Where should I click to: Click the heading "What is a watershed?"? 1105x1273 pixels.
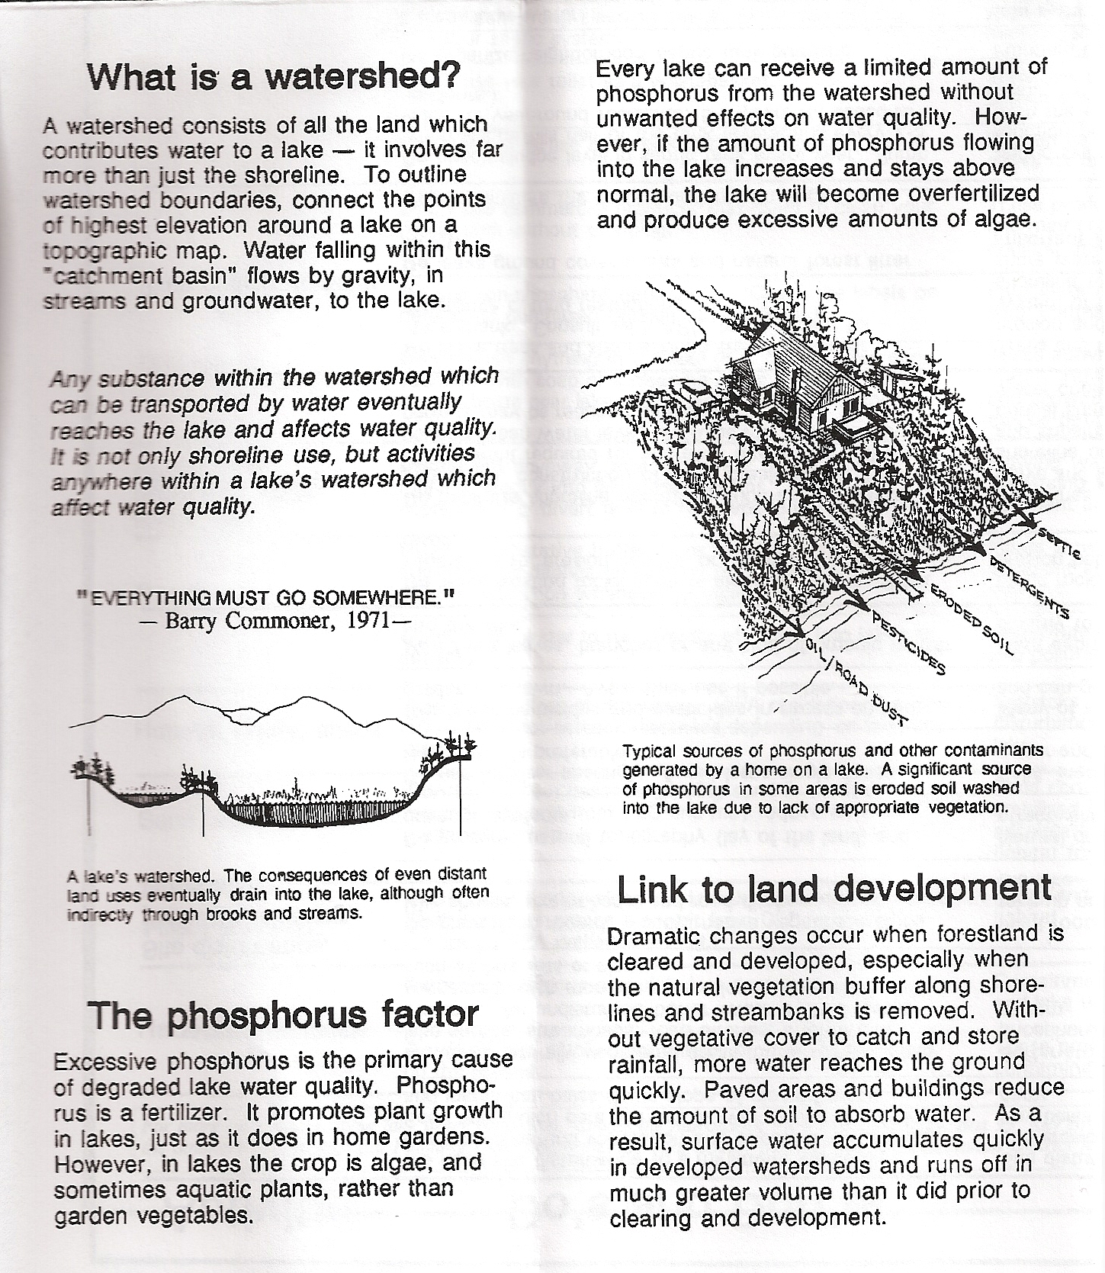(x=274, y=76)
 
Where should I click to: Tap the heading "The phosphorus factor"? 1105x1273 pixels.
(x=283, y=1015)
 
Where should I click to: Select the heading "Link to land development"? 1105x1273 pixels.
(x=834, y=889)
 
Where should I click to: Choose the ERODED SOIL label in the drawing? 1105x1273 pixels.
(x=970, y=621)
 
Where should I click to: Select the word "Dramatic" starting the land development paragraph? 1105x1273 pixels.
(x=654, y=936)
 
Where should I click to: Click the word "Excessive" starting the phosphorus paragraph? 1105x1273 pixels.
(x=106, y=1062)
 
